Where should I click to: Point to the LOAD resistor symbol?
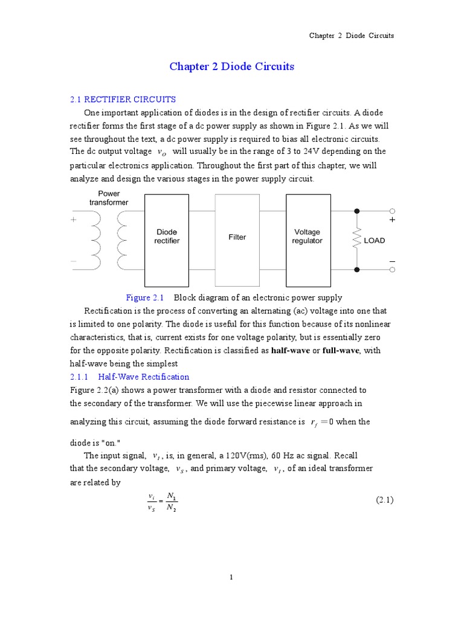[357, 240]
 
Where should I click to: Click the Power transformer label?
[109, 198]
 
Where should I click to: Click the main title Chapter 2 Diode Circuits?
[231, 66]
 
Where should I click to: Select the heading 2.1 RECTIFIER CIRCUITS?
[123, 99]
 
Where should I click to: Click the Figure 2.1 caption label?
[145, 298]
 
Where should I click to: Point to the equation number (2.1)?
[385, 500]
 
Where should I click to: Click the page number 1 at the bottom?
[231, 578]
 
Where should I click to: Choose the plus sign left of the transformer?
[74, 220]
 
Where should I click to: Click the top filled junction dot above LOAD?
[357, 211]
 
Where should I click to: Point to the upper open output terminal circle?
[392, 211]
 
